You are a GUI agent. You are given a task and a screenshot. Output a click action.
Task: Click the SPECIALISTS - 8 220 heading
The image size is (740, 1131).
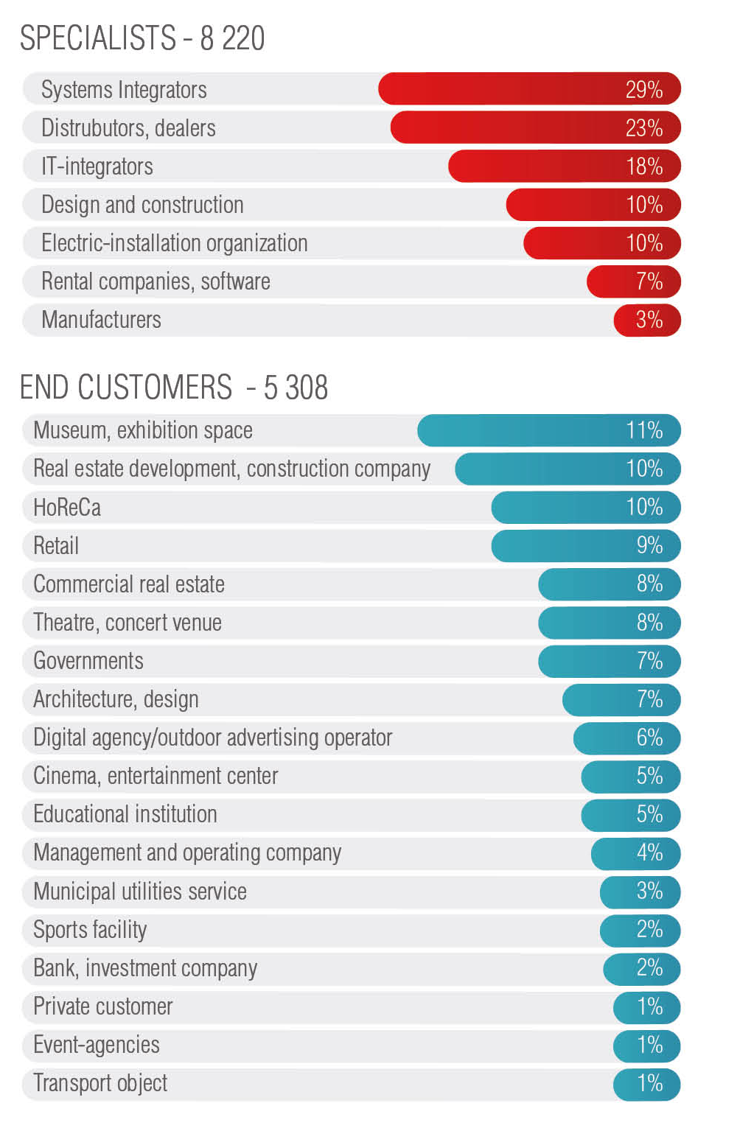142,38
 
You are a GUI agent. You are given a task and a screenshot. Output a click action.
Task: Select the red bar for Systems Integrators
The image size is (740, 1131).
529,89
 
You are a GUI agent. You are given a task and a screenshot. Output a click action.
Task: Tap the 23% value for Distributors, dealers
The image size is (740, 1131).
643,128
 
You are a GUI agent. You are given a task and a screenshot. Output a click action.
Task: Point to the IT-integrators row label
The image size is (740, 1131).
97,167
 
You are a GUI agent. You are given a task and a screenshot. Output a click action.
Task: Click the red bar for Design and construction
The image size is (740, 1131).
593,205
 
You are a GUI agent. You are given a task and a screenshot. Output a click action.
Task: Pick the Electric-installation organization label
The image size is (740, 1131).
174,243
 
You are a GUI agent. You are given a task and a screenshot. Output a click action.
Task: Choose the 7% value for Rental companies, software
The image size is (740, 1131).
649,281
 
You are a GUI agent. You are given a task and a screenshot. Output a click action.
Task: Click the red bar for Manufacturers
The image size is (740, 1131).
646,320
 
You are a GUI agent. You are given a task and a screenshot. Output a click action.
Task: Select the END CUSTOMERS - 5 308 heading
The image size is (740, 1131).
174,388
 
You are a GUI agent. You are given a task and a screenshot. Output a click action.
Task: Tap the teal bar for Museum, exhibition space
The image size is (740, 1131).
548,430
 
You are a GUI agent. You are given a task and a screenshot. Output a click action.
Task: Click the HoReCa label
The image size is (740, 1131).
67,508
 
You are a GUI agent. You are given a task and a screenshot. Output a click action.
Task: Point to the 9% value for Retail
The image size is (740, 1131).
649,546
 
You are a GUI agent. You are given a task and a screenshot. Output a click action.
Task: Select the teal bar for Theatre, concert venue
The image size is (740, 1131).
609,623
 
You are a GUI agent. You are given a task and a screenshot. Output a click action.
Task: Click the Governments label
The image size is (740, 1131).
88,661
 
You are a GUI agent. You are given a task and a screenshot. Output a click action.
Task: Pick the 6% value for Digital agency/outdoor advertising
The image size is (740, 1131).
649,738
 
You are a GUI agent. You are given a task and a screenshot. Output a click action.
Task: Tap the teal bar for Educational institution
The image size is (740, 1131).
630,815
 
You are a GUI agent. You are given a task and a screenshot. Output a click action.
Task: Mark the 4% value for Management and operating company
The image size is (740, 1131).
649,853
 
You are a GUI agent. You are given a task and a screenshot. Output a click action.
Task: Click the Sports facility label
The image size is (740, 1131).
90,930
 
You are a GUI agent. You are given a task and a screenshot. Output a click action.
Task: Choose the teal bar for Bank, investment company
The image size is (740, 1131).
641,968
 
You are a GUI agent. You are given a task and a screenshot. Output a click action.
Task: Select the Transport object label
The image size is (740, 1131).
100,1083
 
